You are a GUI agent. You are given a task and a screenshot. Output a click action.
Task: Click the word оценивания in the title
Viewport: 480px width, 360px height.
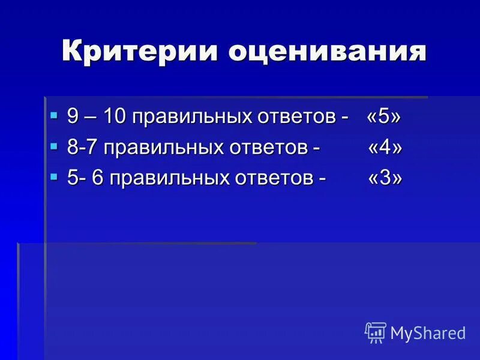click(x=327, y=52)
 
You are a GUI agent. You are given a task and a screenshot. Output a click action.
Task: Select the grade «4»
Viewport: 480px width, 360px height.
click(x=385, y=148)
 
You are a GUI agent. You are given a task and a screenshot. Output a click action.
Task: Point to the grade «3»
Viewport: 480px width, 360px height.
click(x=385, y=179)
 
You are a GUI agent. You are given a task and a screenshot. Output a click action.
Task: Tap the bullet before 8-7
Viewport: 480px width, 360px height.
click(x=54, y=145)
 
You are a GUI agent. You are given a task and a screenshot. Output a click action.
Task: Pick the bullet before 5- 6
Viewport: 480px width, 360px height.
click(x=54, y=176)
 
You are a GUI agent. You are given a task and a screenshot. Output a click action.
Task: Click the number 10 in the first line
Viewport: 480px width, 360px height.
click(x=115, y=116)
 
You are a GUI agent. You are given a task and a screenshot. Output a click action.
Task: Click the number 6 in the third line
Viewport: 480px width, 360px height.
click(x=97, y=179)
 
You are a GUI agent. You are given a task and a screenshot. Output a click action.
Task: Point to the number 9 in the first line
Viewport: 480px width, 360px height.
click(x=73, y=116)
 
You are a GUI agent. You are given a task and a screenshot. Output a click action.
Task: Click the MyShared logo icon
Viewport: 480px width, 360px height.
click(x=376, y=332)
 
